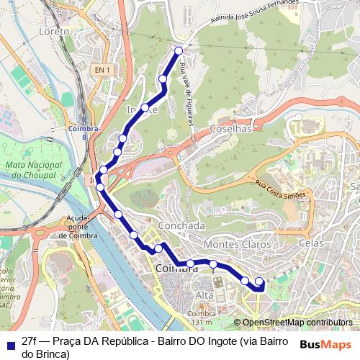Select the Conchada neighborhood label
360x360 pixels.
[x=184, y=225]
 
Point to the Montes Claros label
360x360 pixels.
[x=238, y=245]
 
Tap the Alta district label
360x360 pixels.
[x=204, y=297]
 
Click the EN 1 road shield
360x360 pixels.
[x=102, y=69]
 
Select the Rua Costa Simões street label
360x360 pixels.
[x=281, y=189]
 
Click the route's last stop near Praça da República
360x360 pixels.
[x=259, y=282]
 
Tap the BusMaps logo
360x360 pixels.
[x=325, y=343]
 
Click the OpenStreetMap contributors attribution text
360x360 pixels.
[x=297, y=323]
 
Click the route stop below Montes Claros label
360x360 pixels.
[x=214, y=265]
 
